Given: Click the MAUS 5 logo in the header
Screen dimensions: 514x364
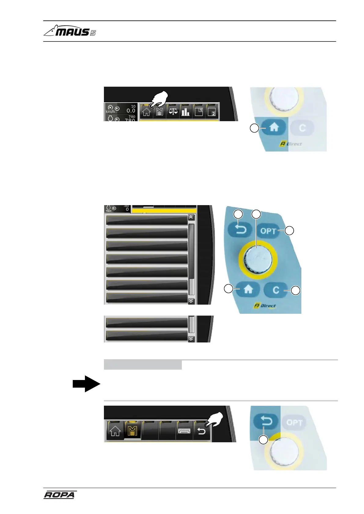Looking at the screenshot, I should click(x=70, y=31).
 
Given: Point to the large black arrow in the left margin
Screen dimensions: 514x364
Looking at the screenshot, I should click(x=86, y=384).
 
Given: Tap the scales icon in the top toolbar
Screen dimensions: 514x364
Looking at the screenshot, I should click(x=173, y=111).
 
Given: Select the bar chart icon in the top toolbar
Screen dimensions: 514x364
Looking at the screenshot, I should click(x=186, y=111).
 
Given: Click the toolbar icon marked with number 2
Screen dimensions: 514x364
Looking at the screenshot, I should click(x=212, y=111).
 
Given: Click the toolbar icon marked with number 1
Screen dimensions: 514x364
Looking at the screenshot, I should click(x=199, y=111).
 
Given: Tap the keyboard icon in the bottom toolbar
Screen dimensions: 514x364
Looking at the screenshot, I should click(x=184, y=431).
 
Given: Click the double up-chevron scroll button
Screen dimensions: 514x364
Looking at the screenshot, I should click(x=191, y=218).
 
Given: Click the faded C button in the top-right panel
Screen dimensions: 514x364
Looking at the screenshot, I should click(x=302, y=128).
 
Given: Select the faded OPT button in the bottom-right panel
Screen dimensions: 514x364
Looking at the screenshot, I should click(x=294, y=422).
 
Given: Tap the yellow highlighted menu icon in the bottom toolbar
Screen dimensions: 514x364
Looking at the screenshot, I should click(x=132, y=431).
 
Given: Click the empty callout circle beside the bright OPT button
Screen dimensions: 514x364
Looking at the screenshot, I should click(x=289, y=231).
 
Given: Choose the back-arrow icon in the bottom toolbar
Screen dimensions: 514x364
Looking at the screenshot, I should click(x=201, y=431).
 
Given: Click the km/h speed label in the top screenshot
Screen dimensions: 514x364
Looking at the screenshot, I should click(x=110, y=111).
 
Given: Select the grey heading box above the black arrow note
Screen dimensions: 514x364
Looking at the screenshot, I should click(x=143, y=365).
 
